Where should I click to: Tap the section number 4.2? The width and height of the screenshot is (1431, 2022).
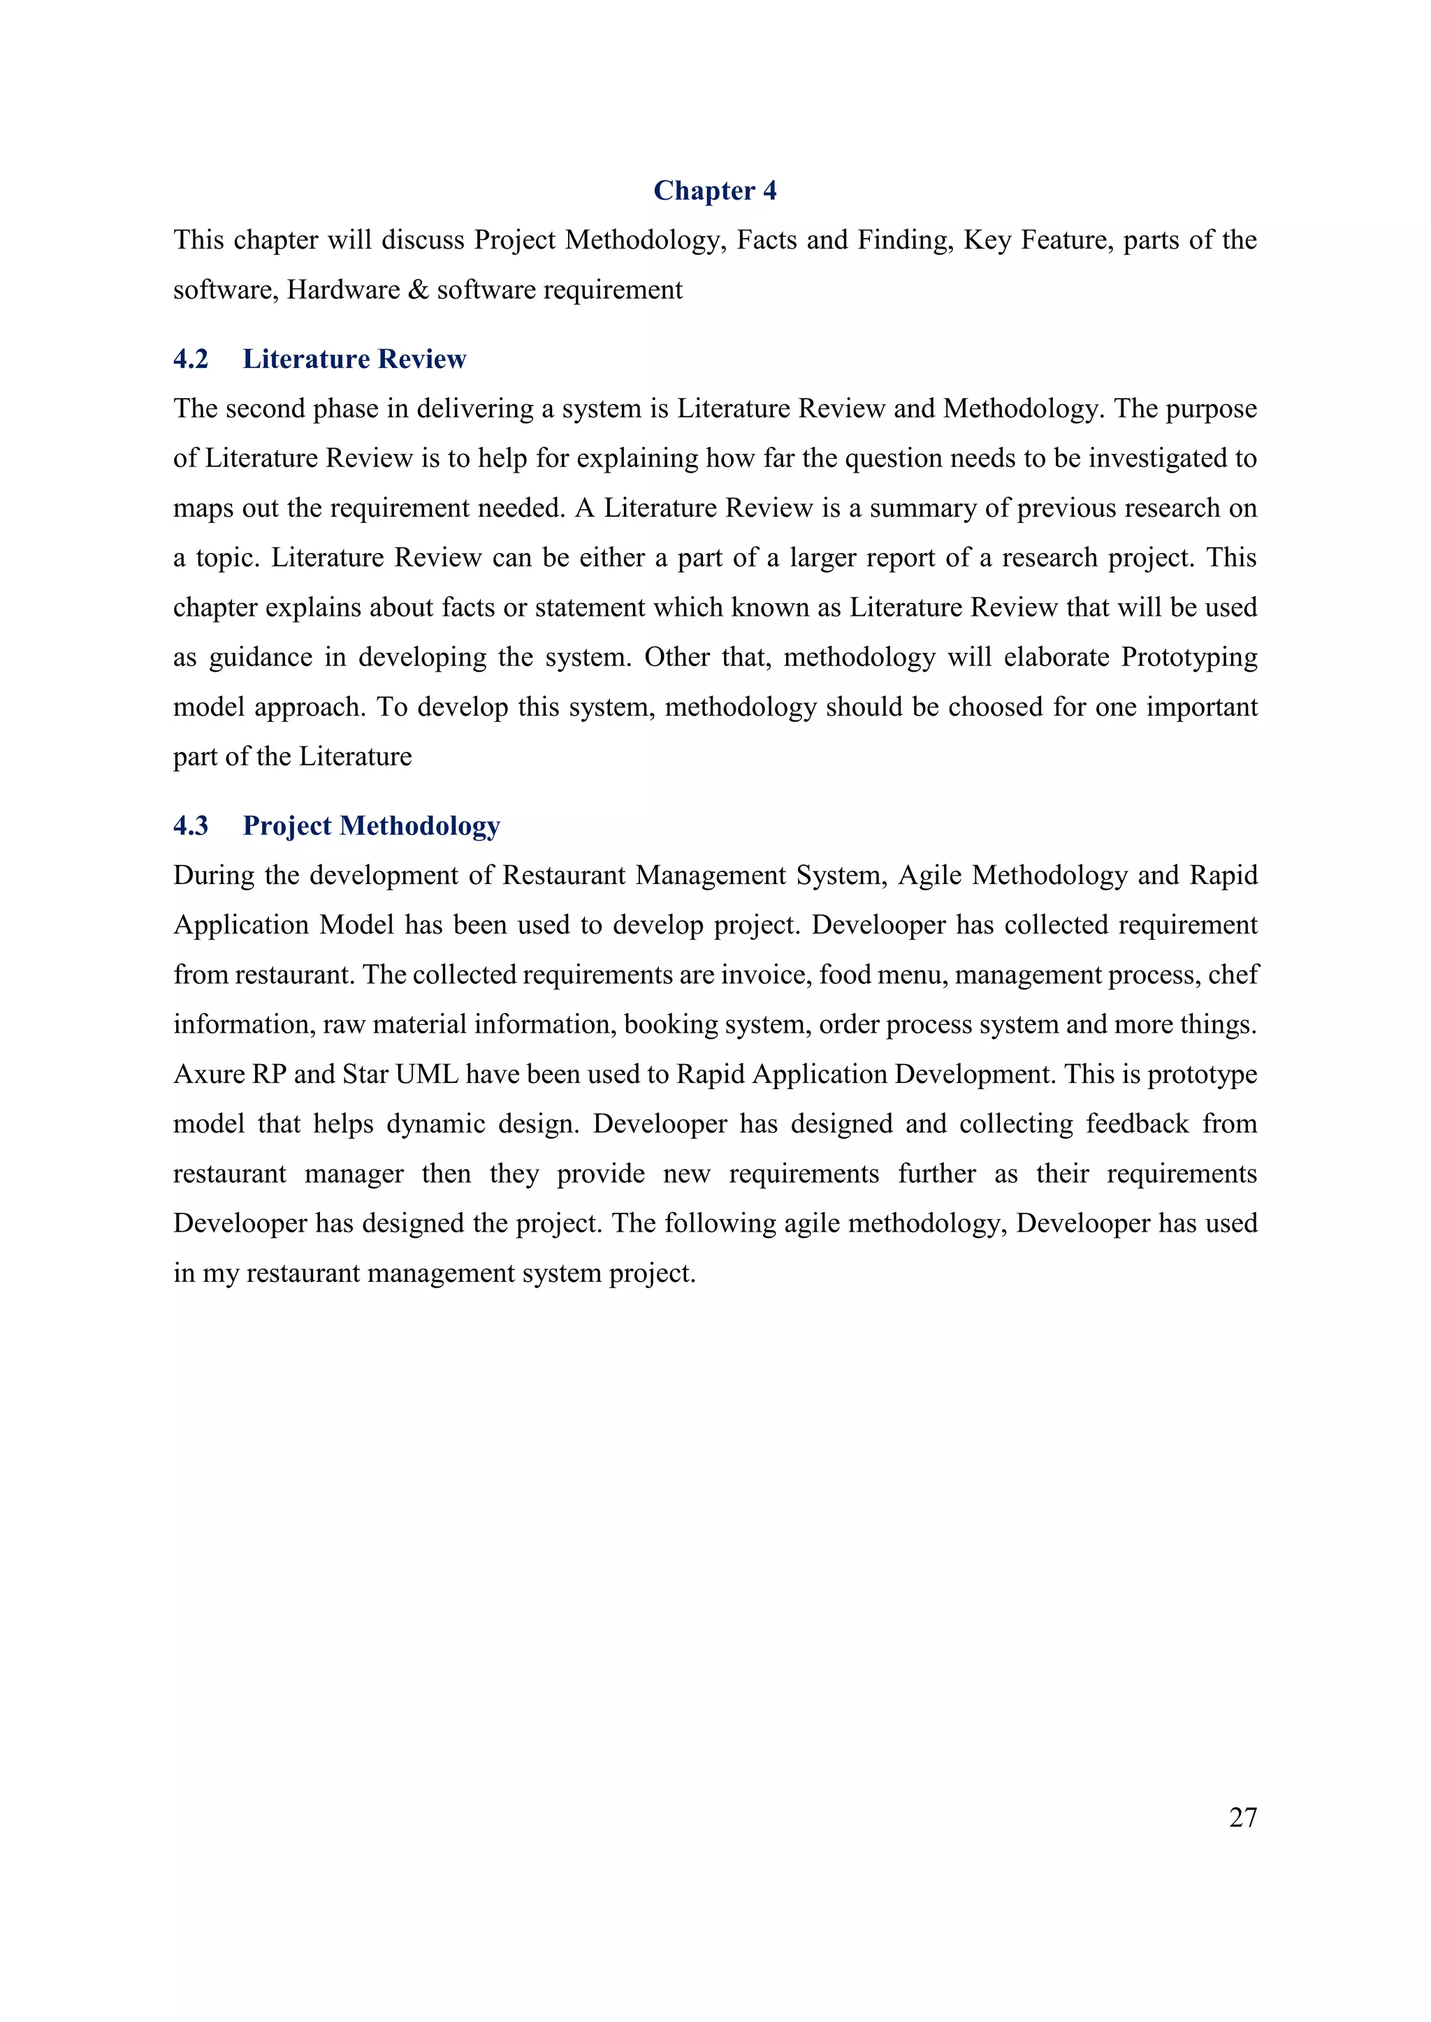190,360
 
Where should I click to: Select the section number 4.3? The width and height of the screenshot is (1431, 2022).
190,826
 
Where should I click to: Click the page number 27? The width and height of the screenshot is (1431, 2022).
1242,1817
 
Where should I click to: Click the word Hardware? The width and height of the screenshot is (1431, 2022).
343,290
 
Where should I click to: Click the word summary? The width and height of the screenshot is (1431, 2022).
922,508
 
